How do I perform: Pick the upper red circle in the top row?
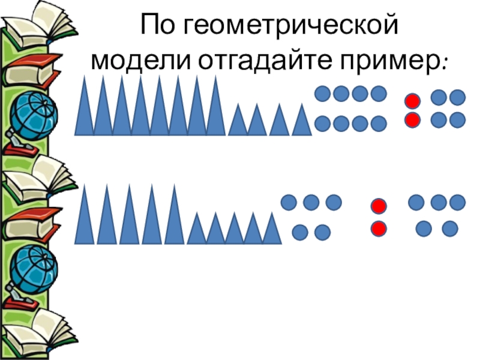pyautogui.click(x=412, y=101)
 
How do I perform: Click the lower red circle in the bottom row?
pyautogui.click(x=378, y=229)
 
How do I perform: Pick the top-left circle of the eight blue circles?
pyautogui.click(x=323, y=94)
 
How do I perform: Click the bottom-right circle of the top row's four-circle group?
pyautogui.click(x=457, y=119)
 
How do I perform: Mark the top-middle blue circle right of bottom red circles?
pyautogui.click(x=438, y=202)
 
